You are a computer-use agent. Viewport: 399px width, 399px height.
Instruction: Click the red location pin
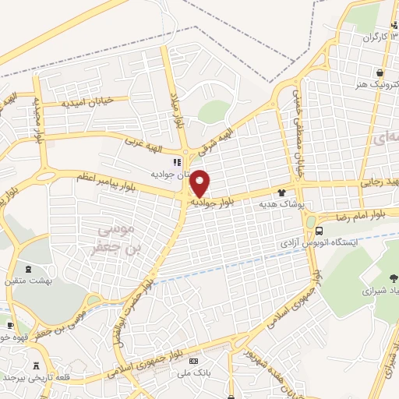(x=200, y=182)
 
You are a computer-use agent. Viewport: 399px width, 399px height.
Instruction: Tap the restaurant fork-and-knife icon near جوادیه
(x=177, y=163)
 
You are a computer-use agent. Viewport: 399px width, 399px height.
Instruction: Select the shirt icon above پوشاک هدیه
(x=282, y=192)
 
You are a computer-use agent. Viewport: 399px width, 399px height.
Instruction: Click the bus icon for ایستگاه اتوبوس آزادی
(x=320, y=231)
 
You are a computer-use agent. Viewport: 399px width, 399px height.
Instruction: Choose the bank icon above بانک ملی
(x=193, y=362)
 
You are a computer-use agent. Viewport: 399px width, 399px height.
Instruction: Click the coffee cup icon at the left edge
(x=9, y=326)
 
